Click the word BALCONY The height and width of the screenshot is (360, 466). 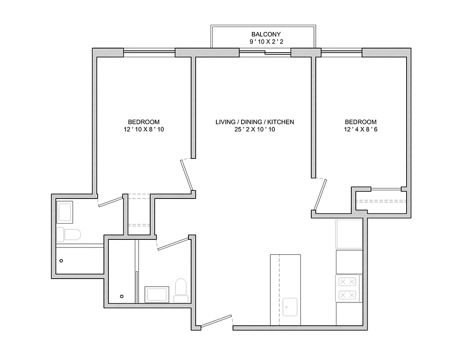pyautogui.click(x=265, y=34)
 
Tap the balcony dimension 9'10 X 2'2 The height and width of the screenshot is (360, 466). pyautogui.click(x=265, y=42)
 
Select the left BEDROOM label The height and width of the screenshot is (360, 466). pyautogui.click(x=143, y=122)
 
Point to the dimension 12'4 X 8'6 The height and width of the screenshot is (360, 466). pyautogui.click(x=360, y=130)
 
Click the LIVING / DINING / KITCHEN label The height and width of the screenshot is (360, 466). pyautogui.click(x=255, y=122)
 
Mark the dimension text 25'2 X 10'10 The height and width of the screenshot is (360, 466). pyautogui.click(x=255, y=130)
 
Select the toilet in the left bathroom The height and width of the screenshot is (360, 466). pyautogui.click(x=70, y=234)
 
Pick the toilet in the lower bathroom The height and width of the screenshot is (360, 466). pyautogui.click(x=181, y=288)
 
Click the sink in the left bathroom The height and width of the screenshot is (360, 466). pyautogui.click(x=65, y=212)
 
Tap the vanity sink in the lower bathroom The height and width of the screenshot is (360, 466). pyautogui.click(x=157, y=295)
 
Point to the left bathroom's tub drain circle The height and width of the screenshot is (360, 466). pyautogui.click(x=62, y=261)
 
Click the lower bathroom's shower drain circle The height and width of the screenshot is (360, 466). pyautogui.click(x=121, y=296)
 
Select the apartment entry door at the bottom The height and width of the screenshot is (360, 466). pyautogui.click(x=216, y=322)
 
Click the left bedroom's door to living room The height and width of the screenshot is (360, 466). pyautogui.click(x=187, y=175)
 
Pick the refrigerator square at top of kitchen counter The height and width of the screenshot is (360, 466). pyautogui.click(x=349, y=234)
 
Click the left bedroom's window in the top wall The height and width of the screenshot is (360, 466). pyautogui.click(x=149, y=53)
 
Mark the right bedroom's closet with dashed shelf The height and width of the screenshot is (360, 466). pyautogui.click(x=381, y=201)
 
